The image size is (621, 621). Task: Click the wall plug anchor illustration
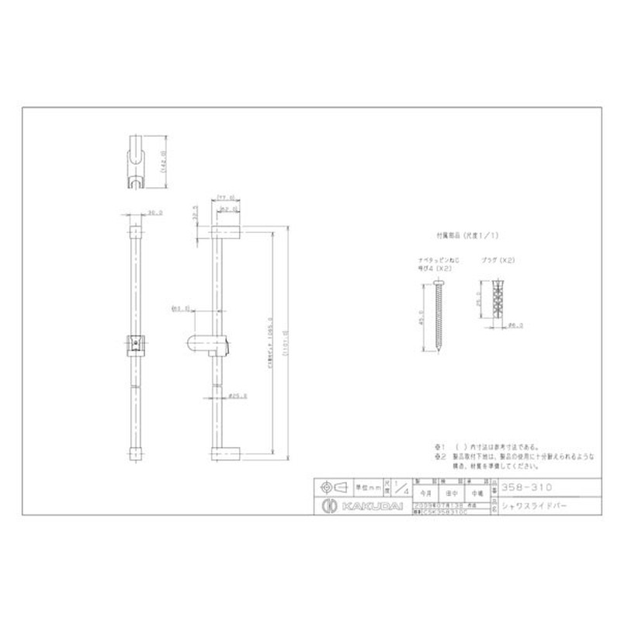coord(494,308)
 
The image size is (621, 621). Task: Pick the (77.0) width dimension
coord(226,197)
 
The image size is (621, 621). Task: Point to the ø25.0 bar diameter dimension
coord(238,396)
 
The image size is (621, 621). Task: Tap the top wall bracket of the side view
coord(226,232)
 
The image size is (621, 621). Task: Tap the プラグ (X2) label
coord(496,262)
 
